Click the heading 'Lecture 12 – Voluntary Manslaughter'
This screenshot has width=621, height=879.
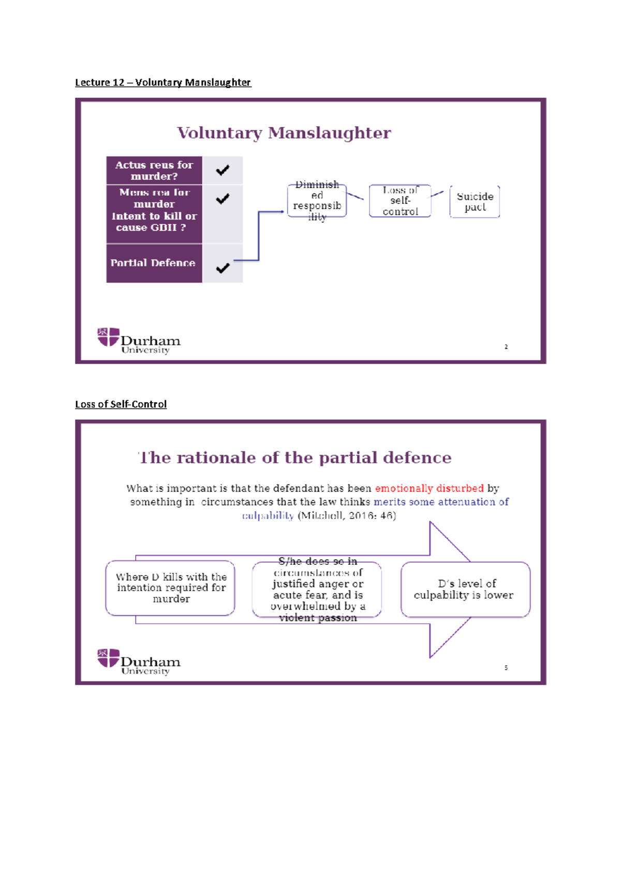pyautogui.click(x=163, y=82)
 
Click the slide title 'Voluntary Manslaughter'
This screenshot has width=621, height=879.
pyautogui.click(x=284, y=133)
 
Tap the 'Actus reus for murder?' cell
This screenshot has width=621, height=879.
pyautogui.click(x=154, y=170)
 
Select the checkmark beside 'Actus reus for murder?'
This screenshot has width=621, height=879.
pyautogui.click(x=223, y=170)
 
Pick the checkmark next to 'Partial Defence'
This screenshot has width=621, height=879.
pyautogui.click(x=223, y=268)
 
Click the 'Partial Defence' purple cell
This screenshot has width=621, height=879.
pyautogui.click(x=153, y=263)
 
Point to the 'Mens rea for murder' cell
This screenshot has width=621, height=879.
pyautogui.click(x=154, y=210)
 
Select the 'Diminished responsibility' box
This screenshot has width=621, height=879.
pyautogui.click(x=317, y=201)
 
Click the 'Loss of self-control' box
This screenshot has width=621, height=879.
pyautogui.click(x=400, y=201)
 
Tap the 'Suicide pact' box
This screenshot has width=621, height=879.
pyautogui.click(x=475, y=202)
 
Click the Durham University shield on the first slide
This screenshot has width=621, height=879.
pyautogui.click(x=108, y=337)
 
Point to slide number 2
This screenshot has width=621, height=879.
pyautogui.click(x=506, y=347)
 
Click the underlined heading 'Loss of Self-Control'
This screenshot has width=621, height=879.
pyautogui.click(x=121, y=404)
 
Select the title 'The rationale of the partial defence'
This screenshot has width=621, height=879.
pyautogui.click(x=295, y=458)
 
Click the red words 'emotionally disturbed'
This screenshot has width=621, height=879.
pyautogui.click(x=429, y=488)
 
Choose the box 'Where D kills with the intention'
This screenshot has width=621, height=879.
pyautogui.click(x=170, y=588)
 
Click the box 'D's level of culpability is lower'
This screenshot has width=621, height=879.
pyautogui.click(x=465, y=590)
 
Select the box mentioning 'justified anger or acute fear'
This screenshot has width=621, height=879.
pyautogui.click(x=317, y=590)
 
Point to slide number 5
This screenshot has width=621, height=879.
pyautogui.click(x=506, y=668)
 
